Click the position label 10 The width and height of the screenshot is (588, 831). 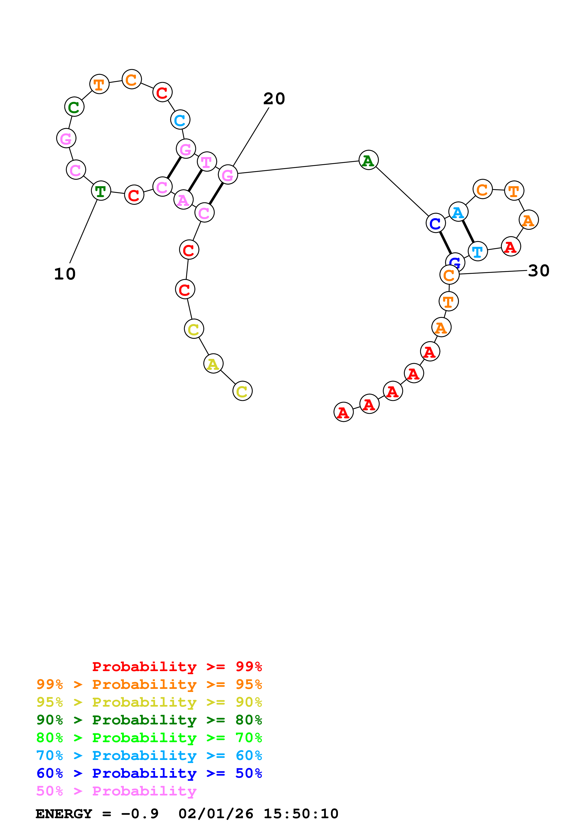click(x=65, y=274)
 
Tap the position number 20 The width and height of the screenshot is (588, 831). click(x=274, y=99)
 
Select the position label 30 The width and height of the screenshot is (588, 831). click(x=538, y=271)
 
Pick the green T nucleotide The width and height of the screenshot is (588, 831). click(x=101, y=191)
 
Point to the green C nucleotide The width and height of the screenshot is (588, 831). click(x=74, y=107)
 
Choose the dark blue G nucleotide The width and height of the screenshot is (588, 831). click(x=455, y=261)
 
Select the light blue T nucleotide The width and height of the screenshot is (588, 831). click(x=478, y=251)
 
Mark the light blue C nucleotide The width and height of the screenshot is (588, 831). click(x=180, y=120)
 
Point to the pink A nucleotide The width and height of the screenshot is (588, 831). click(x=183, y=200)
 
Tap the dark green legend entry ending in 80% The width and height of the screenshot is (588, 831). click(x=149, y=720)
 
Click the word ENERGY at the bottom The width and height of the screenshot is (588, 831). click(x=64, y=814)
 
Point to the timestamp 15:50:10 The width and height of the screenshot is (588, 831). click(x=301, y=814)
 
